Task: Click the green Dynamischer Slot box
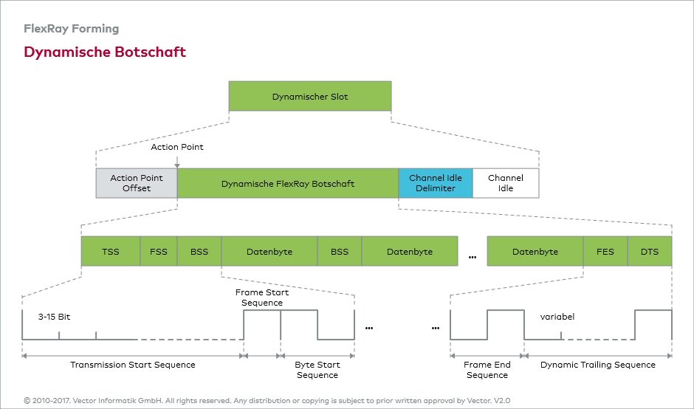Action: coord(310,97)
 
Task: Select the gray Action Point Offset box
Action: coord(137,183)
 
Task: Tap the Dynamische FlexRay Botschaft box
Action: coord(288,183)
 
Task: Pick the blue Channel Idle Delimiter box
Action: coord(436,183)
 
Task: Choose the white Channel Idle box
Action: coord(506,183)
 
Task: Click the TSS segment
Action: coord(111,252)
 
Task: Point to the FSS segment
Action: coord(159,252)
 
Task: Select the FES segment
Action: coord(605,252)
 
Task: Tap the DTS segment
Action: coord(650,252)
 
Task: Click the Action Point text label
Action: coord(177,147)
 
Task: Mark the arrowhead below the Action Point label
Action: coord(177,165)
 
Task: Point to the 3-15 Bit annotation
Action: coord(54,317)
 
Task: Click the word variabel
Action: coord(557,317)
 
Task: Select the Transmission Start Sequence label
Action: coord(133,365)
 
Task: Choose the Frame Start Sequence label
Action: coord(262,298)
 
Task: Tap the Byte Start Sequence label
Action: coord(317,370)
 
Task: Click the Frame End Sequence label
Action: coord(487,370)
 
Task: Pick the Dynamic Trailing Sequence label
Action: coord(598,365)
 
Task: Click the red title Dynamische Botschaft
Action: coord(105,52)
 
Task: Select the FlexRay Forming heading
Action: coord(72,29)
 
